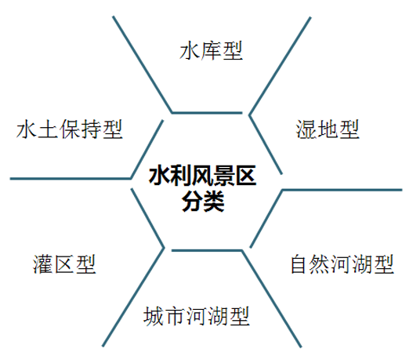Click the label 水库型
(211, 50)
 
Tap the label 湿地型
(328, 129)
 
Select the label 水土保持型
(70, 129)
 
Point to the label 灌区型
(64, 264)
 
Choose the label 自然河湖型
(342, 264)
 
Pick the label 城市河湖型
(197, 316)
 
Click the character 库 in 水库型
(211, 50)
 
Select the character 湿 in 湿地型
(306, 129)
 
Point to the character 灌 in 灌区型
(43, 264)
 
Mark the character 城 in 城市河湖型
(154, 316)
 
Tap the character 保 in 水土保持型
(70, 129)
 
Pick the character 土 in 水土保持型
(49, 129)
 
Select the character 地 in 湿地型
(328, 129)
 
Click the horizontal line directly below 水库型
(207, 113)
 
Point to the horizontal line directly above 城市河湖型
(207, 251)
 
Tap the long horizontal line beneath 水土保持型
(71, 179)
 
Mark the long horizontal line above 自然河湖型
(342, 190)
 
